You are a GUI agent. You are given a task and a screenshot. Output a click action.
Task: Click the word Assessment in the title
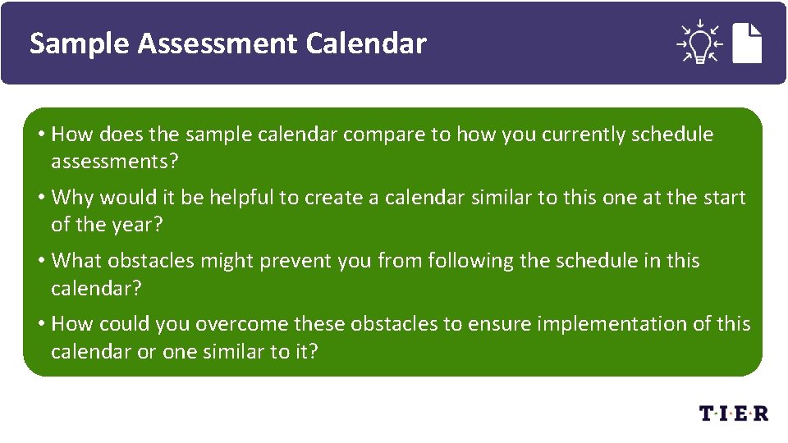(218, 43)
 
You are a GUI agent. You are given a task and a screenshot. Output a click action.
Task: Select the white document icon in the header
(747, 42)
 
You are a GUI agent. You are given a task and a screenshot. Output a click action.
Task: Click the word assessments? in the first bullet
(114, 162)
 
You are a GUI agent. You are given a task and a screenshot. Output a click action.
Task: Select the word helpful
(244, 198)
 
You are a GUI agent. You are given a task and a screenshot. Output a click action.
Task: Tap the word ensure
(500, 324)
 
